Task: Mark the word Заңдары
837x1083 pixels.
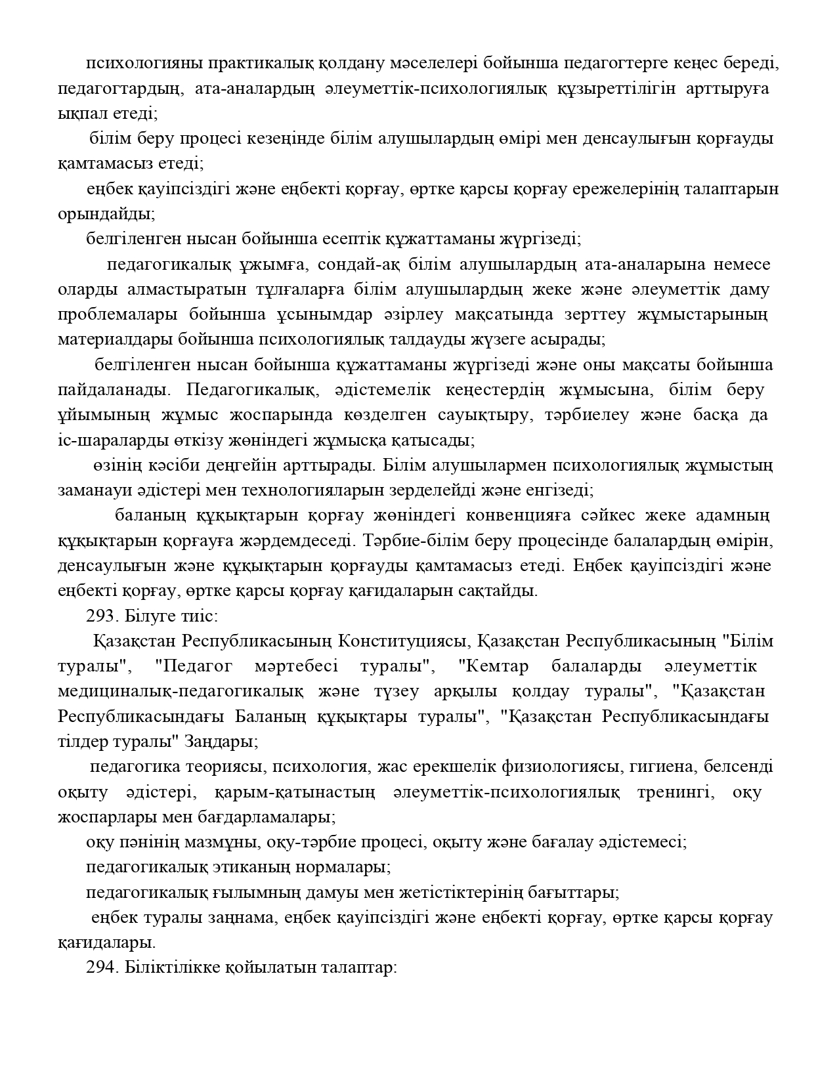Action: pos(221,742)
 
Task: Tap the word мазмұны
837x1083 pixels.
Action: pos(222,842)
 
